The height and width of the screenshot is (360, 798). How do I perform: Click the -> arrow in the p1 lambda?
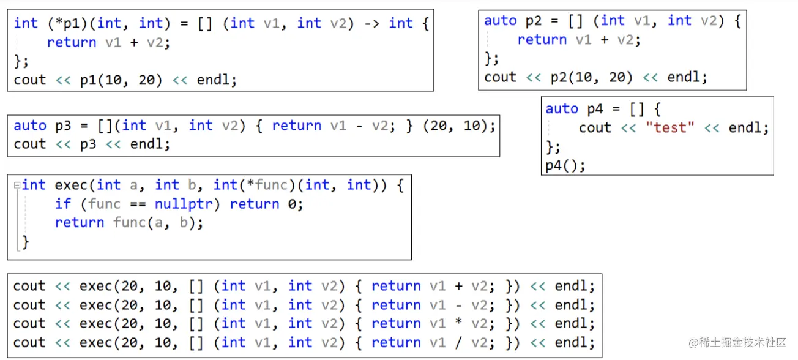click(x=372, y=23)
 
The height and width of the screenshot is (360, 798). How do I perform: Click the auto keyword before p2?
click(x=500, y=21)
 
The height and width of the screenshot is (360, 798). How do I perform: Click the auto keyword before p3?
click(x=29, y=126)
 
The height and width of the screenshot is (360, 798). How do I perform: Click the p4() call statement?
click(x=565, y=166)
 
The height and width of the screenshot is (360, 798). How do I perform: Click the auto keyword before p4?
click(x=561, y=109)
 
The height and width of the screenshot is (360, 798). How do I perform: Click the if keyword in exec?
click(x=63, y=204)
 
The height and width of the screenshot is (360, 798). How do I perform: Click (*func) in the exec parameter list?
click(x=271, y=185)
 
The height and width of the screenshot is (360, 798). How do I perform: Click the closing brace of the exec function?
click(x=25, y=242)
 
